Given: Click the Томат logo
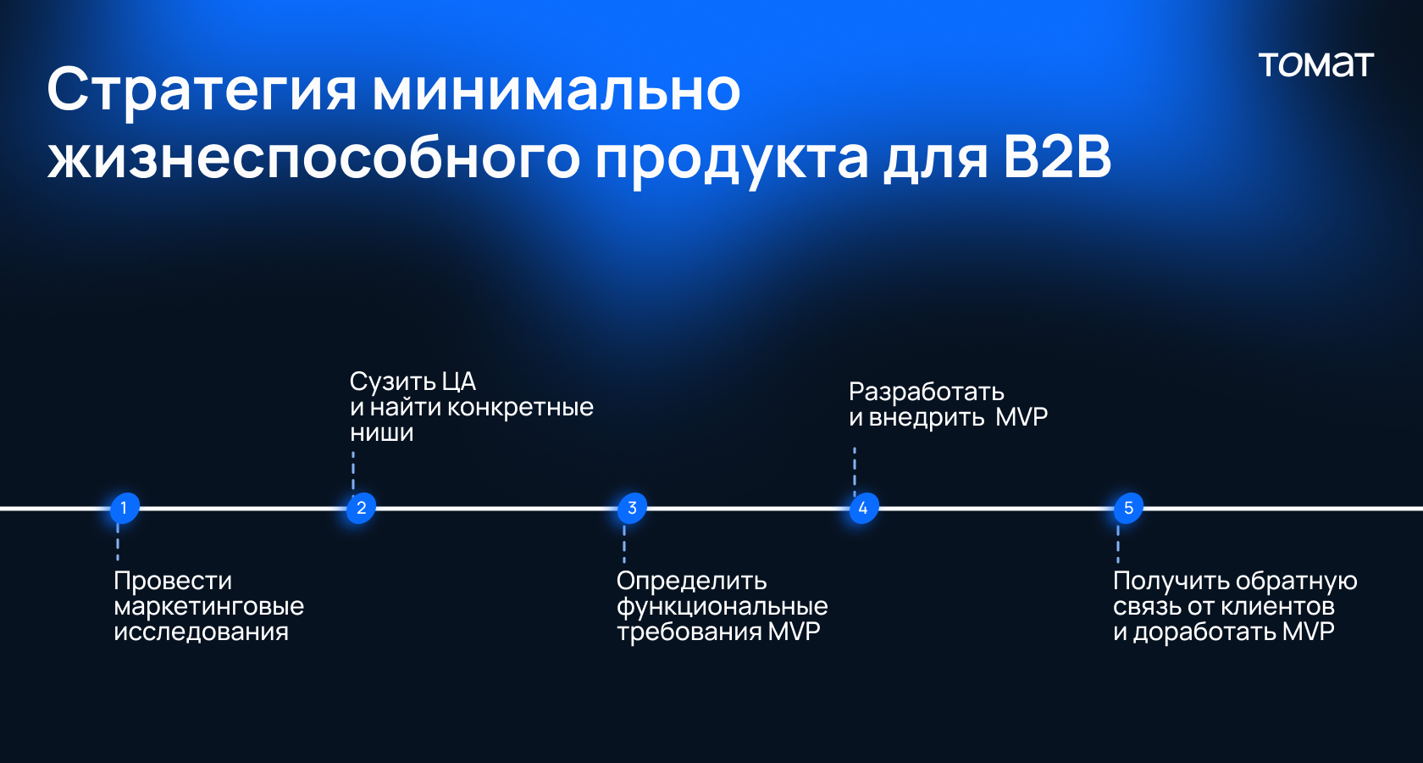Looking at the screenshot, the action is point(1315,64).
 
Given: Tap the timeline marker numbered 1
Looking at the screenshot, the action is point(124,508).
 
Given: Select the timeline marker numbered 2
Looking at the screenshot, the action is point(361,508).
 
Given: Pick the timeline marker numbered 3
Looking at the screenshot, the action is point(632,508).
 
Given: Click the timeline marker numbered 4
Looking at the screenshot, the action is point(862,508).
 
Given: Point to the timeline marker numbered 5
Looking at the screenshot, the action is point(1128,508).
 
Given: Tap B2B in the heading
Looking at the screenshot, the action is point(1057,156).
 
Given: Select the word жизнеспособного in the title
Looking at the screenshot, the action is point(313,159).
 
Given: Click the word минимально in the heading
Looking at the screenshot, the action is point(556,91).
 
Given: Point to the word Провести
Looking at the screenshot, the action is point(173,581).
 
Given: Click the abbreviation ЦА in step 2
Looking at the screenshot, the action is point(459,382).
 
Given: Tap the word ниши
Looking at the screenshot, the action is point(382,433).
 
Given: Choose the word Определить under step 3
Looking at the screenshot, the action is point(692,582).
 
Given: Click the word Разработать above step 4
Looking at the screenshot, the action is point(927,393).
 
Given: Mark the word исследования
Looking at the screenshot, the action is point(202,632).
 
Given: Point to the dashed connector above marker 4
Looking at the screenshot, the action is point(855,471).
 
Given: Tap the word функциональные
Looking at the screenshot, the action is point(723,607).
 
